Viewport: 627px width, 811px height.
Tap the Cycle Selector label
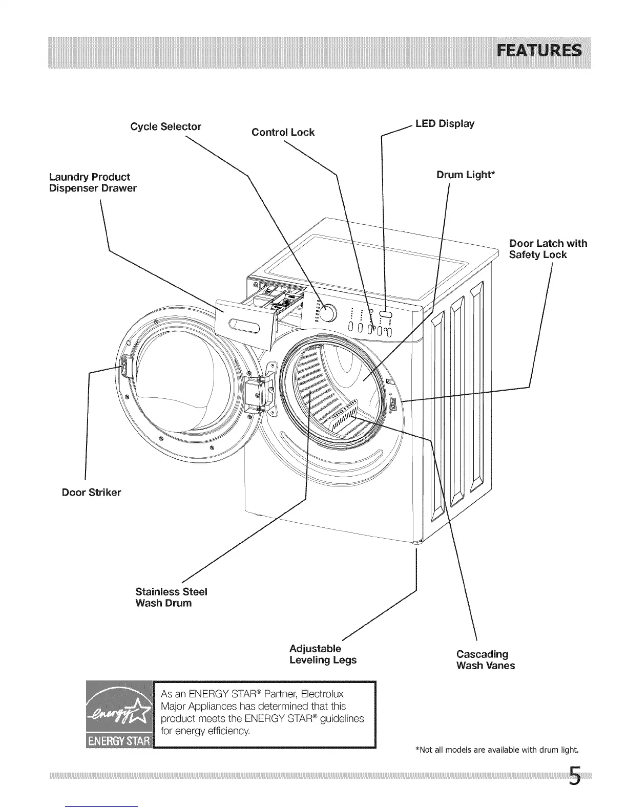click(x=165, y=126)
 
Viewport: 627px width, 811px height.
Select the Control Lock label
click(x=283, y=132)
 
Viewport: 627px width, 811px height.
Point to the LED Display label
click(x=445, y=123)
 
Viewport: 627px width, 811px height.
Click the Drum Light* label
click(x=466, y=175)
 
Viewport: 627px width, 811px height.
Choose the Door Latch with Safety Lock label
click(x=548, y=249)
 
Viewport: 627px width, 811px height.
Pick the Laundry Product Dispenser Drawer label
click(x=93, y=182)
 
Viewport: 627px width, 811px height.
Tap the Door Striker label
click(x=91, y=493)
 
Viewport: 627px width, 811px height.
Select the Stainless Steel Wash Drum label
click(x=171, y=597)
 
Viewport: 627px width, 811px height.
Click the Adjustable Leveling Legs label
click(x=323, y=654)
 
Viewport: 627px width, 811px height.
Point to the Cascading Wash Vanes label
click(x=485, y=660)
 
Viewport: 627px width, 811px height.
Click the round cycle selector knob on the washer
click(x=329, y=312)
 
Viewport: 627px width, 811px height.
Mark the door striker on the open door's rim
click(x=123, y=365)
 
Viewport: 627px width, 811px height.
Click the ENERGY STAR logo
click(x=119, y=714)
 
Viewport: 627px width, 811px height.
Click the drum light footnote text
click(x=496, y=751)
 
